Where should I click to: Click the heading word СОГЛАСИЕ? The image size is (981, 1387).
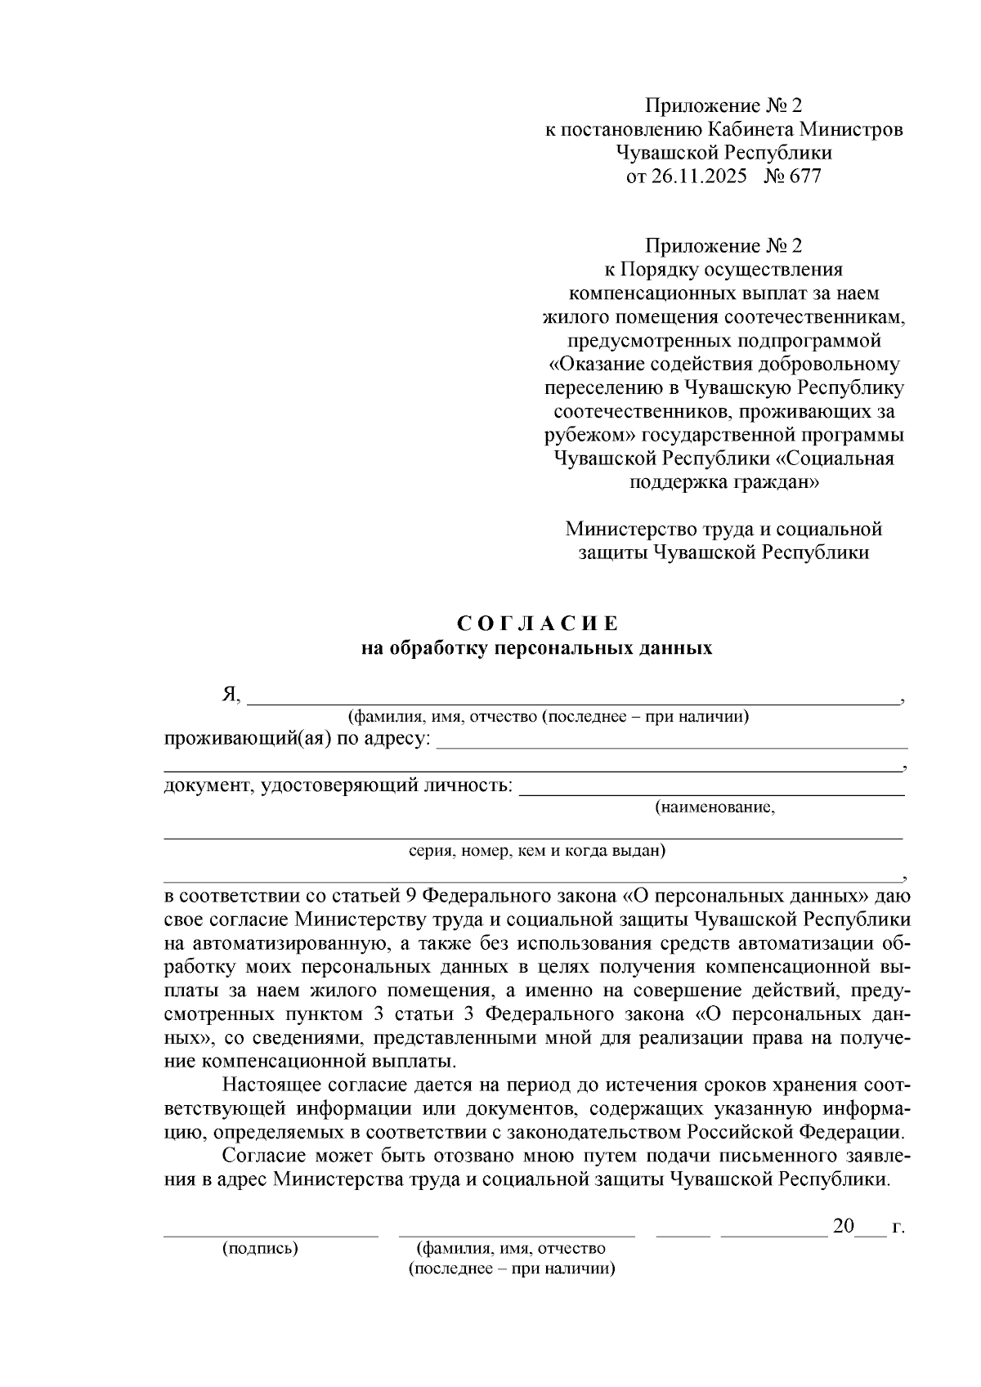point(538,624)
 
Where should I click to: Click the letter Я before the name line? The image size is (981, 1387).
point(230,695)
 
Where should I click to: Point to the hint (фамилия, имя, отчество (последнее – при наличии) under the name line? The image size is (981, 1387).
point(549,717)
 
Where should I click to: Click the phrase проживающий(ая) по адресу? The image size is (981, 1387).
point(298,739)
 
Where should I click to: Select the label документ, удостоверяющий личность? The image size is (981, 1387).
point(339,785)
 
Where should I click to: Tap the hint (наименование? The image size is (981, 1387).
point(714,808)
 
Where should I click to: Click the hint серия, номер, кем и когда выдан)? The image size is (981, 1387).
point(537,851)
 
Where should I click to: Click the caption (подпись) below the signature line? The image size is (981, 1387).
point(260,1248)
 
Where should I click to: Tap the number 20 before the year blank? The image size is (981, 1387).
point(843,1227)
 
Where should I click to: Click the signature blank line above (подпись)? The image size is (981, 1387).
point(271,1234)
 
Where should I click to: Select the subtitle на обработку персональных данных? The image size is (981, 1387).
point(537,649)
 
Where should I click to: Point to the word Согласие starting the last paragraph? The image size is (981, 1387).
point(263,1157)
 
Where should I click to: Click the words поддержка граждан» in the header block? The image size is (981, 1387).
point(724,482)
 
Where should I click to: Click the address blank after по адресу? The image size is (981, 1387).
point(672,742)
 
